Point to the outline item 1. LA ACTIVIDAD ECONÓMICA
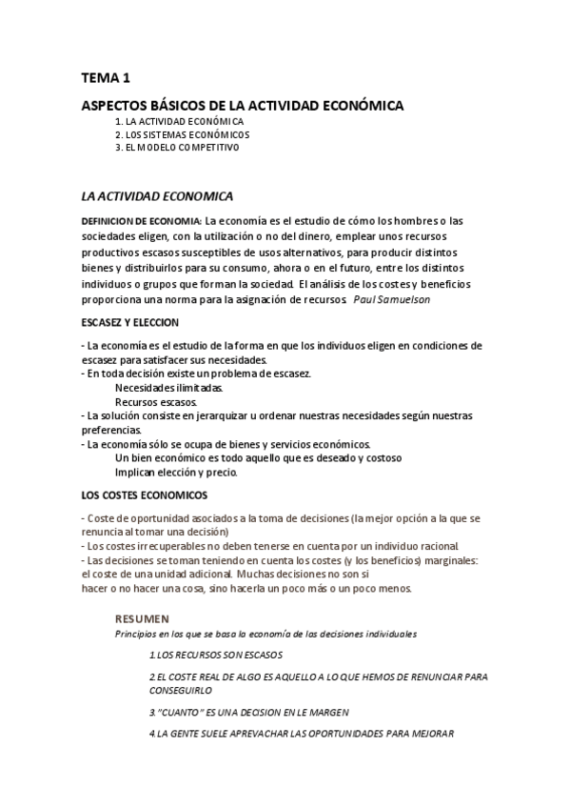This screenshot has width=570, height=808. pos(179,122)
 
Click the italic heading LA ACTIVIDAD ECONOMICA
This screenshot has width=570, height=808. pos(157,196)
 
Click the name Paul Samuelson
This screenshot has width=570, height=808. pos(390,299)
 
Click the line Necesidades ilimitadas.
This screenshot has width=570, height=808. pos(169,388)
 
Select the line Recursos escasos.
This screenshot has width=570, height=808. pos(156,402)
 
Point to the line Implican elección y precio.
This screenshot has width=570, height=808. pos(176,472)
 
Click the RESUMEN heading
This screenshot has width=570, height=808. pos(142,618)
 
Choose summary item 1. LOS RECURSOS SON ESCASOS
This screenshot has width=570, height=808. pos(216,655)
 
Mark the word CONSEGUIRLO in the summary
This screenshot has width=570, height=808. pos(181,691)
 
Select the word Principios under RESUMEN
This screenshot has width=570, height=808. pos(135,634)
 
